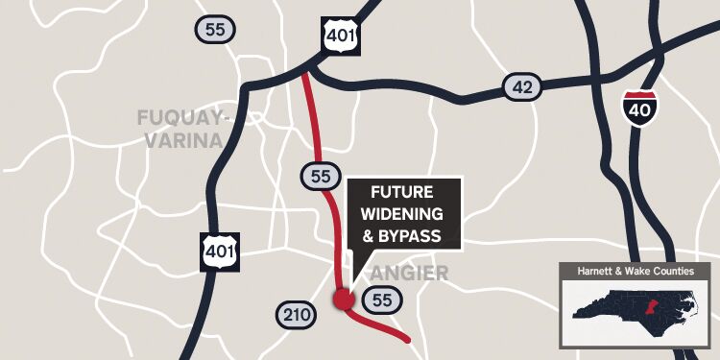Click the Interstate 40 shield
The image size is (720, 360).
point(638,108)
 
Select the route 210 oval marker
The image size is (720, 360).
point(295,314)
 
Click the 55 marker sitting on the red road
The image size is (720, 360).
point(321,176)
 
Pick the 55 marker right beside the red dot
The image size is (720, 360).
point(382,300)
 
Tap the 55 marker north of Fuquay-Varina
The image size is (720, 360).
point(214,29)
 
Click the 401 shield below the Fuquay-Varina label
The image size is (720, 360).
point(220,251)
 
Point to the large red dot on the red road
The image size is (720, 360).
point(342,300)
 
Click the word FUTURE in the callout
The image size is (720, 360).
point(403,192)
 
